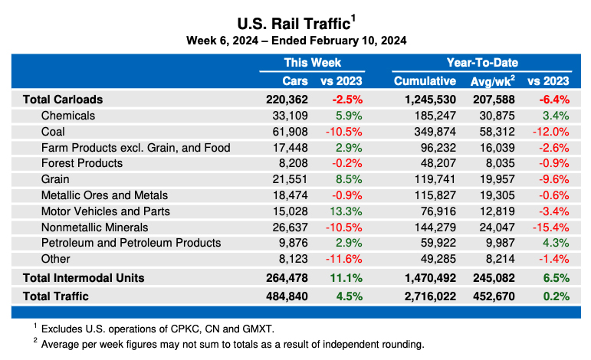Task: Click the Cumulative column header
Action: (x=425, y=80)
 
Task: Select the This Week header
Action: (x=312, y=63)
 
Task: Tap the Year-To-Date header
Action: (x=482, y=63)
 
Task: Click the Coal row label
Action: (x=54, y=132)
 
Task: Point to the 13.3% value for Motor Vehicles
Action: (x=346, y=211)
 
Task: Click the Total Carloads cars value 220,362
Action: (x=286, y=100)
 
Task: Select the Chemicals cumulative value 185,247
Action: (x=434, y=116)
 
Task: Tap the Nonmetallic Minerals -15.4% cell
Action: (x=551, y=227)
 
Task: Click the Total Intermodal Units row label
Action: (x=84, y=277)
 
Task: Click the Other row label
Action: (x=56, y=259)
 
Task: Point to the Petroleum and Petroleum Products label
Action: (x=131, y=243)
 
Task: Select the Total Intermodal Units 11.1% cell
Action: (x=346, y=277)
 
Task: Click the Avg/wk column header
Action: (x=491, y=80)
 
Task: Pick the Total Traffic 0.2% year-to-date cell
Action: (x=554, y=296)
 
